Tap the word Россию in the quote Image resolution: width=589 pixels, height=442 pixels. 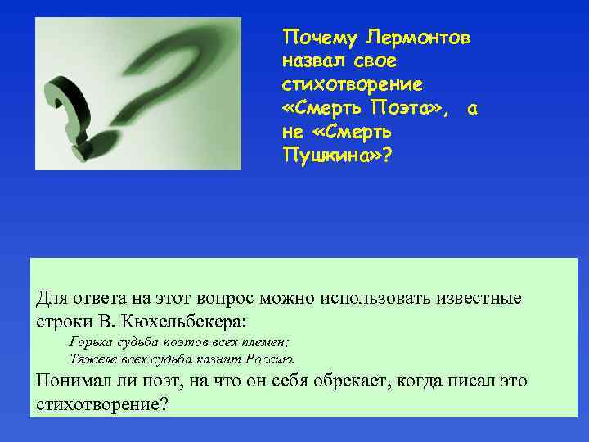(268, 359)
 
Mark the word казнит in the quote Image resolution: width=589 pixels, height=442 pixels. (217, 359)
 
